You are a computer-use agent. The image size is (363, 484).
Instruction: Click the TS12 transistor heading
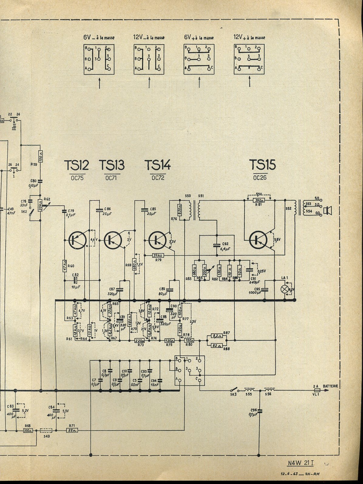click(x=76, y=165)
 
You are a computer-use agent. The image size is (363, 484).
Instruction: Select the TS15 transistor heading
click(x=262, y=165)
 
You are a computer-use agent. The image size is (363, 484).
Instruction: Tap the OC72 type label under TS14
click(x=158, y=178)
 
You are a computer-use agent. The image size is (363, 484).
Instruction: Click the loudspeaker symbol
click(x=328, y=210)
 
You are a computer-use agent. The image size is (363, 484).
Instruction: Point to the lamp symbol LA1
click(x=285, y=289)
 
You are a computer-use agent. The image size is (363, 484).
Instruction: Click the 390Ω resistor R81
click(x=259, y=200)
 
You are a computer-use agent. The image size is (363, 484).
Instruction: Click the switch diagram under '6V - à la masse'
click(x=99, y=59)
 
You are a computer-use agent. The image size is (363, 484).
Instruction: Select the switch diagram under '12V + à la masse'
click(x=249, y=59)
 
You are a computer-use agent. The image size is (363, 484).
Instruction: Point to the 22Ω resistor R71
click(x=72, y=430)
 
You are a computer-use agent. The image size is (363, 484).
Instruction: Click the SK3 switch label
click(x=233, y=395)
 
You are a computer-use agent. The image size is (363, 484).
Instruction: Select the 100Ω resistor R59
click(x=40, y=158)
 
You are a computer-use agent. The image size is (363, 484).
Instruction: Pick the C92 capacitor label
click(x=225, y=244)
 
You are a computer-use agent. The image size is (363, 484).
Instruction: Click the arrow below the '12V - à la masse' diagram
click(x=149, y=83)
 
